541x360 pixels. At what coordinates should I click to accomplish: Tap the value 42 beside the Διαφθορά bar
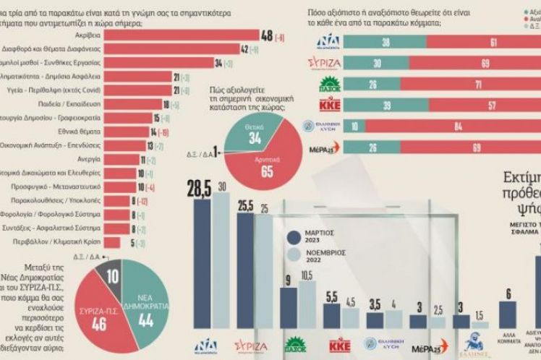244,50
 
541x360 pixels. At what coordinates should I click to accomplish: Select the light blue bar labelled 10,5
307,304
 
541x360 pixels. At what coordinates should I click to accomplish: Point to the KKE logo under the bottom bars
339,343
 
